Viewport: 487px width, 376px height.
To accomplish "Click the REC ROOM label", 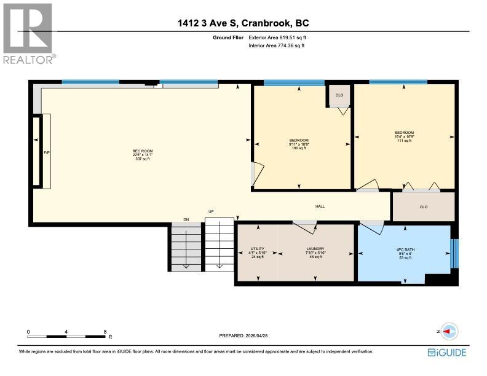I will coord(142,151).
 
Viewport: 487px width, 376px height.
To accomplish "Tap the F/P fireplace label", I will coord(46,152).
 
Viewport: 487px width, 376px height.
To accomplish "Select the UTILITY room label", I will coord(256,249).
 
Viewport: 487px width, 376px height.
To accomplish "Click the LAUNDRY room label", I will coord(315,249).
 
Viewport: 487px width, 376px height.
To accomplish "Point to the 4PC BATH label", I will coord(403,249).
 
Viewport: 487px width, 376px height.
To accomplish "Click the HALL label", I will coord(320,207).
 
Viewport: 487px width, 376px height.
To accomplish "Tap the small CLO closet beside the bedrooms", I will coord(339,95).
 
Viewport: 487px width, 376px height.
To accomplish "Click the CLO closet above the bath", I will coord(423,207).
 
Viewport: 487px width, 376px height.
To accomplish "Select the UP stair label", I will coord(211,212).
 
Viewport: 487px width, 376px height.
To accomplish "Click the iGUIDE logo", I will coord(447,352).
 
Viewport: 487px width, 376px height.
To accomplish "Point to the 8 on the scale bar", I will coord(105,331).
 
